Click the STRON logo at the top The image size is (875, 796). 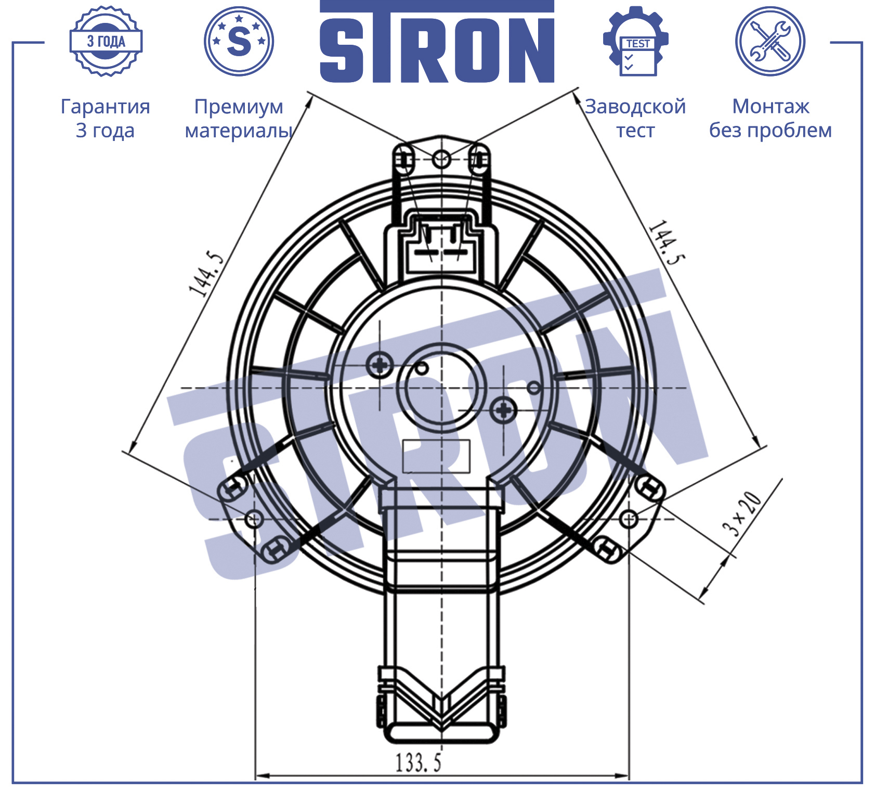(437, 42)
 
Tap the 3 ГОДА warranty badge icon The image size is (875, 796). (106, 42)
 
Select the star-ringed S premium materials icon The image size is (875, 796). (239, 41)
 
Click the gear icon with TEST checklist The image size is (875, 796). (635, 41)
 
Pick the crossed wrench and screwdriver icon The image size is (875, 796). (770, 41)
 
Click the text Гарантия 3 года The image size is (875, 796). (106, 118)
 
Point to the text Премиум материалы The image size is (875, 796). (239, 118)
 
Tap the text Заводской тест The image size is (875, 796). (635, 118)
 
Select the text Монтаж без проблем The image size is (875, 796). (770, 118)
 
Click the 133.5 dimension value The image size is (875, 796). (419, 763)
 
